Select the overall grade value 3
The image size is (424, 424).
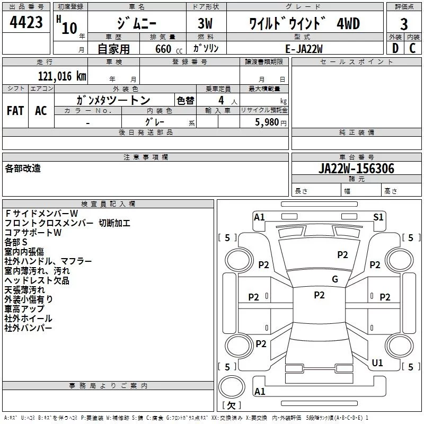[404, 24]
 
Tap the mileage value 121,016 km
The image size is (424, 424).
[61, 76]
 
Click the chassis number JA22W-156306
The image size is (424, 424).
[356, 169]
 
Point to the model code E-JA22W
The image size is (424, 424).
[304, 48]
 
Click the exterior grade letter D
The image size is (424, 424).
[394, 48]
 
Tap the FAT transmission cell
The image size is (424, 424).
[15, 110]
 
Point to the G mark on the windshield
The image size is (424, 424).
[334, 279]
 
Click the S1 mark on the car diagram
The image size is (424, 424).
[378, 217]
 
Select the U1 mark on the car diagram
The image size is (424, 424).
[377, 363]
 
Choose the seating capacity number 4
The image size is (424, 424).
[220, 100]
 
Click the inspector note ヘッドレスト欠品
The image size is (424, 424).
[37, 280]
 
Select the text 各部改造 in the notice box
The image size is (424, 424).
[23, 168]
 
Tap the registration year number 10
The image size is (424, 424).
[69, 28]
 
